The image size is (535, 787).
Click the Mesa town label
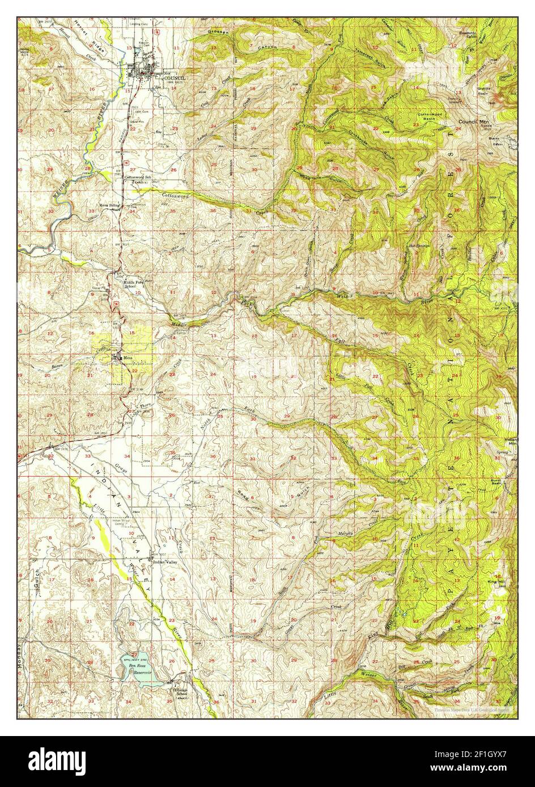(x=128, y=358)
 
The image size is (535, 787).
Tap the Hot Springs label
(x=418, y=246)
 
